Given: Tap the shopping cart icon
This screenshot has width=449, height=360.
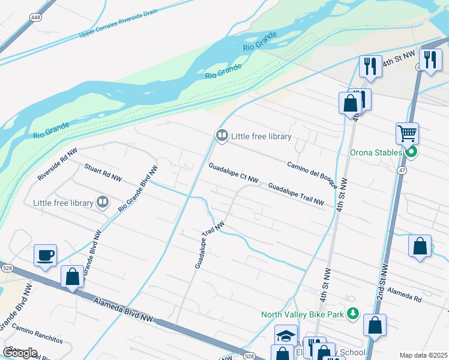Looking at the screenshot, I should (x=407, y=133).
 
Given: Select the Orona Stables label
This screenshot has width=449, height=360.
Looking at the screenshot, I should (x=376, y=152).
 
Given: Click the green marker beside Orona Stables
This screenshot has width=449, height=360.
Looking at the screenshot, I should (x=411, y=152).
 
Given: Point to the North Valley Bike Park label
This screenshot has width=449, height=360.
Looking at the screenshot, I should (x=303, y=314).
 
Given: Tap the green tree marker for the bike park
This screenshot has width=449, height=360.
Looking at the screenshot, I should (x=353, y=313).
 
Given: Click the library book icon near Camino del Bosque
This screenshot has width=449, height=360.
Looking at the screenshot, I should (x=221, y=136).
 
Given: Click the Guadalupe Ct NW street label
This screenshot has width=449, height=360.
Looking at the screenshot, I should (x=234, y=172).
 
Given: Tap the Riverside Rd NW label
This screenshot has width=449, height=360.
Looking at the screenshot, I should (x=58, y=166).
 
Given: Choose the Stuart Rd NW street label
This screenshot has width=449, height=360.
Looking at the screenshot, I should (x=103, y=173).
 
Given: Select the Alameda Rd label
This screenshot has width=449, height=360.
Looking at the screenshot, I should (x=404, y=293).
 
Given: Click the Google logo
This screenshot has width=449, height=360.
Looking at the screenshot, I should (x=20, y=352).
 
